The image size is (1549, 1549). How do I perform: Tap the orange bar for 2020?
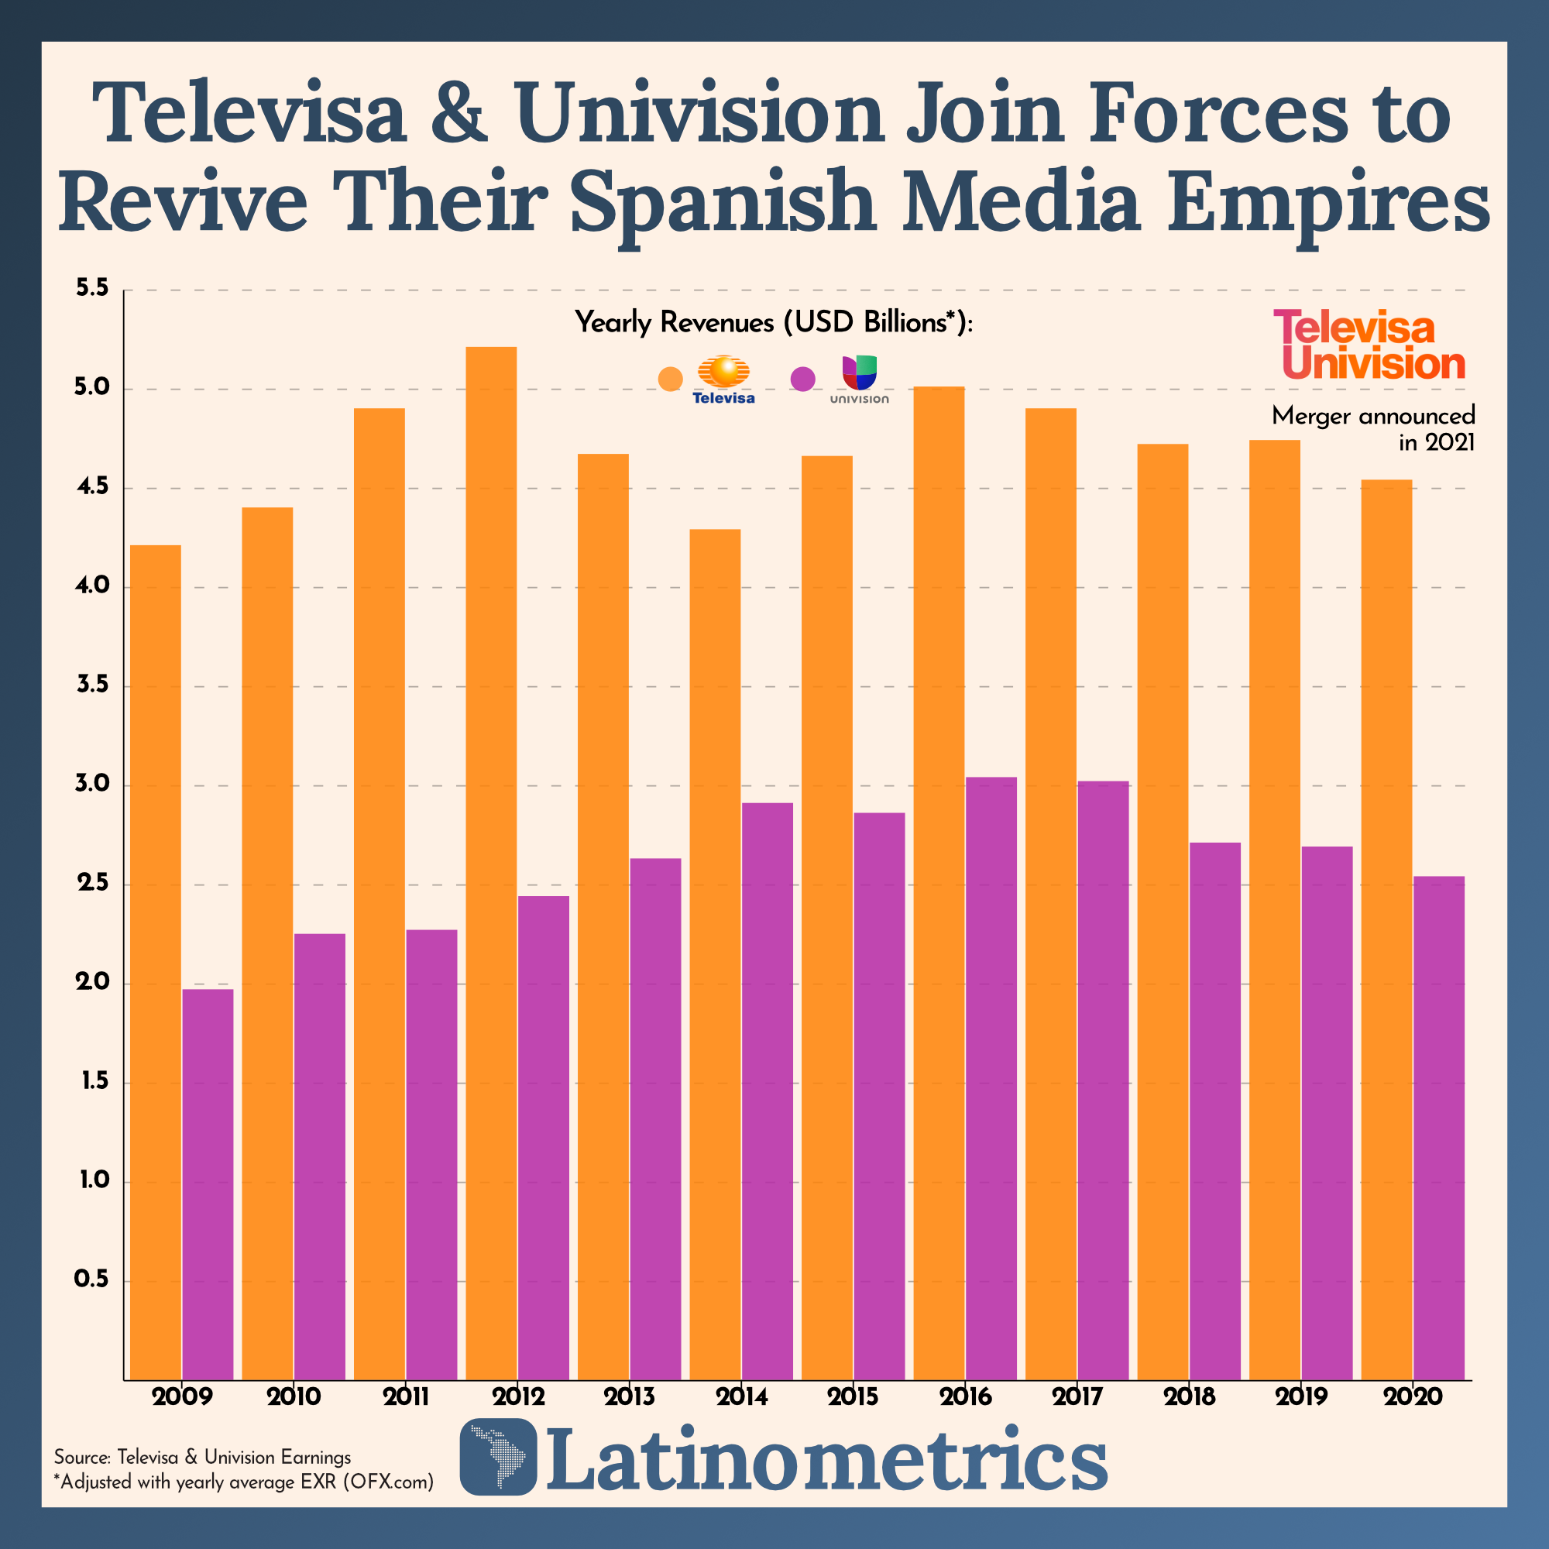[1386, 930]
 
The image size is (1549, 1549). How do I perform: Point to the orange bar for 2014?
[714, 954]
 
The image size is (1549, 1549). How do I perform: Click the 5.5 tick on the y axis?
[91, 289]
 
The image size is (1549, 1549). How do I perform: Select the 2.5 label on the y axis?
[91, 884]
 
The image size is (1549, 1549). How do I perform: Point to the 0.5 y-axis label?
[91, 1279]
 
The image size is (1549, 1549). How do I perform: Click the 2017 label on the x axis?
[1077, 1397]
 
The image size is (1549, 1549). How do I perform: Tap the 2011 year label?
[406, 1397]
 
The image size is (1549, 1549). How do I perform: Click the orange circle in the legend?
[670, 379]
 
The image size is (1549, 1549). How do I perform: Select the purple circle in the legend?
[802, 379]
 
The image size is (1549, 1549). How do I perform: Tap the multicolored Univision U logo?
[860, 372]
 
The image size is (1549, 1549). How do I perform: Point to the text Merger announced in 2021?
[1373, 429]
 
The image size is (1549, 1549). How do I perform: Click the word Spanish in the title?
[723, 202]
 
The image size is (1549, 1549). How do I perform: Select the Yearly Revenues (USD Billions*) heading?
[774, 322]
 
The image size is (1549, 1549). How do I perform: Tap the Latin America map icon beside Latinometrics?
[498, 1457]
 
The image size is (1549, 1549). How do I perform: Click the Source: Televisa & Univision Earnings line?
[202, 1457]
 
